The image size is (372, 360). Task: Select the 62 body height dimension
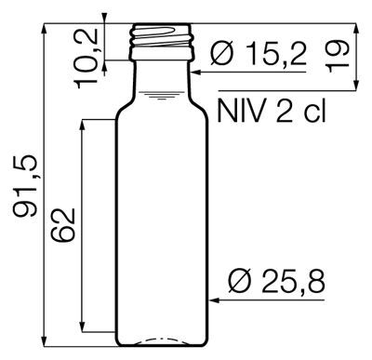(63, 225)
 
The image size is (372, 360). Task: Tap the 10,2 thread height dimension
(86, 59)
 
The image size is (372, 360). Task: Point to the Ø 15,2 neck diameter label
(259, 54)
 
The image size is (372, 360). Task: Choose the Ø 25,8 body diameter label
(276, 281)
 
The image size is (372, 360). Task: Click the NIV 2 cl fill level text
(272, 111)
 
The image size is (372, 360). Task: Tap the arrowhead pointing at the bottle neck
(196, 73)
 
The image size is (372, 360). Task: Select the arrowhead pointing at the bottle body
(215, 300)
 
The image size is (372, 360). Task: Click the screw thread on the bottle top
(162, 36)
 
